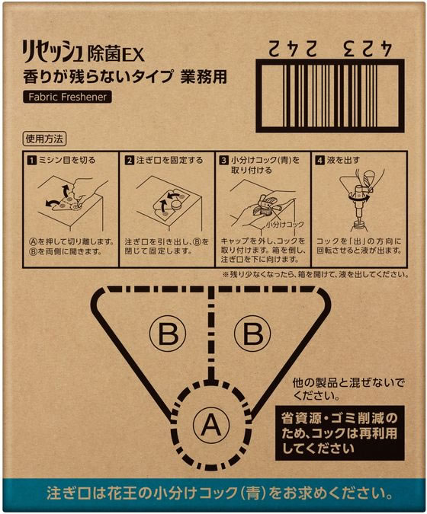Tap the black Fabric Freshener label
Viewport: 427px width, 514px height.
click(x=66, y=97)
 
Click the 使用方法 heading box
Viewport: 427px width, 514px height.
click(x=45, y=139)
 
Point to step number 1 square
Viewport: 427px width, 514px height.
click(x=30, y=161)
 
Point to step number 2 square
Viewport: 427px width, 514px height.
click(x=130, y=161)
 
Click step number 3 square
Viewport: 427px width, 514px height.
click(x=223, y=161)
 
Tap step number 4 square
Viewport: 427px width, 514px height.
click(x=320, y=161)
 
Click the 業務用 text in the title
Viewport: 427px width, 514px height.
click(x=205, y=77)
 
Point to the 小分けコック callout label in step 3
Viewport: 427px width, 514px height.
click(x=286, y=225)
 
